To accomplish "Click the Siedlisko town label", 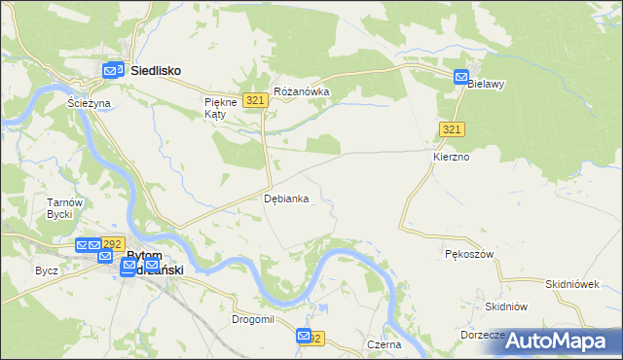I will pos(156,70).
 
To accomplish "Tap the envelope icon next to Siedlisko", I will pos(113,70).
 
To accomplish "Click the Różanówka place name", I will pos(303,91).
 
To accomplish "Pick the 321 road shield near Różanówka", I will pos(256,100).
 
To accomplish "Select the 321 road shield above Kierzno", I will pos(451,130).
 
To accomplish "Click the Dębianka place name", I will pos(287,198).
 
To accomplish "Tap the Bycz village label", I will pos(47,270).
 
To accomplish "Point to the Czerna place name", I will pos(385,344).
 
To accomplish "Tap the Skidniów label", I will pos(506,306).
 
